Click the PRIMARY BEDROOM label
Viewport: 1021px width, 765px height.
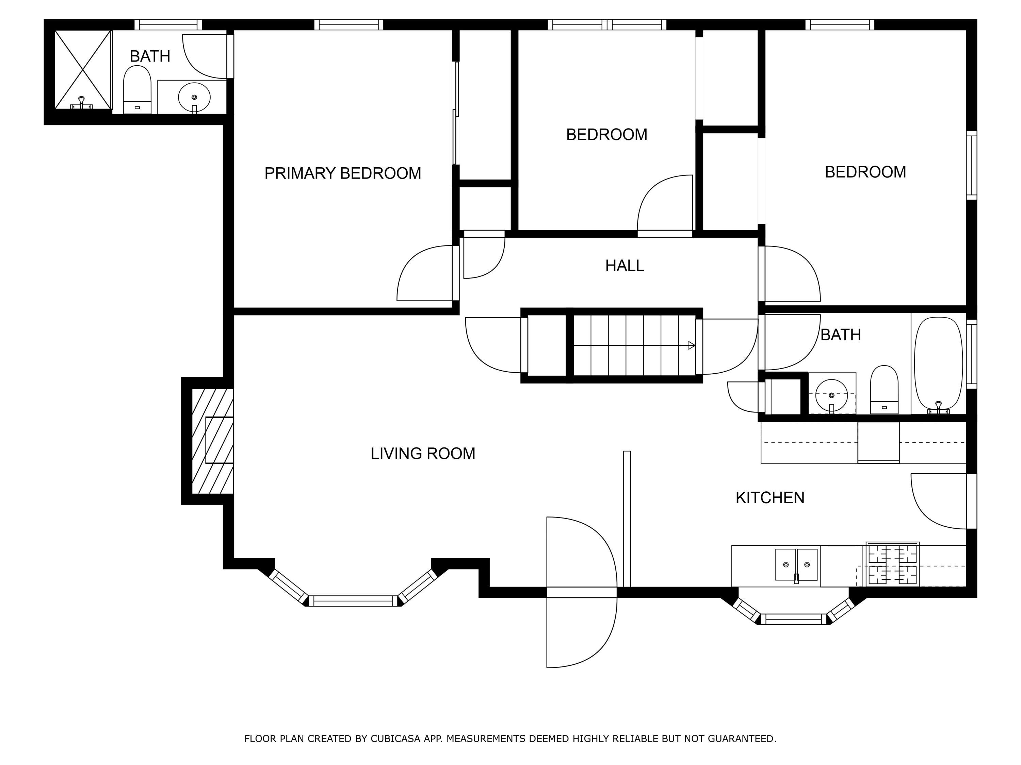tap(342, 173)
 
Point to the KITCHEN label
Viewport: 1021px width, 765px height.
tap(770, 497)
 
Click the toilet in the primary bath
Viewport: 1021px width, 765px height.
tap(137, 89)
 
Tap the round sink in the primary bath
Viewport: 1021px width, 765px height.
tap(194, 97)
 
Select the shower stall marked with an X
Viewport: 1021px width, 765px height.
tap(83, 70)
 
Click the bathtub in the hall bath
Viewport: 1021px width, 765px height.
tap(938, 364)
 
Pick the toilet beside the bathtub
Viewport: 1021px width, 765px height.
tap(884, 390)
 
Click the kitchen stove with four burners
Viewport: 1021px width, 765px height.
tap(892, 564)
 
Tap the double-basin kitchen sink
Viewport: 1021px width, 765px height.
tap(796, 564)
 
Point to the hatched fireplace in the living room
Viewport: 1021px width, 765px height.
tap(213, 441)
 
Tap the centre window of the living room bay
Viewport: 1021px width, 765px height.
tap(353, 601)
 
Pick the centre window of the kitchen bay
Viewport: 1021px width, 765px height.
tap(794, 619)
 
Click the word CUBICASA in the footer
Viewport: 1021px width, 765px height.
tap(395, 739)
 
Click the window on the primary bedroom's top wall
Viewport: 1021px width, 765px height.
tap(349, 24)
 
